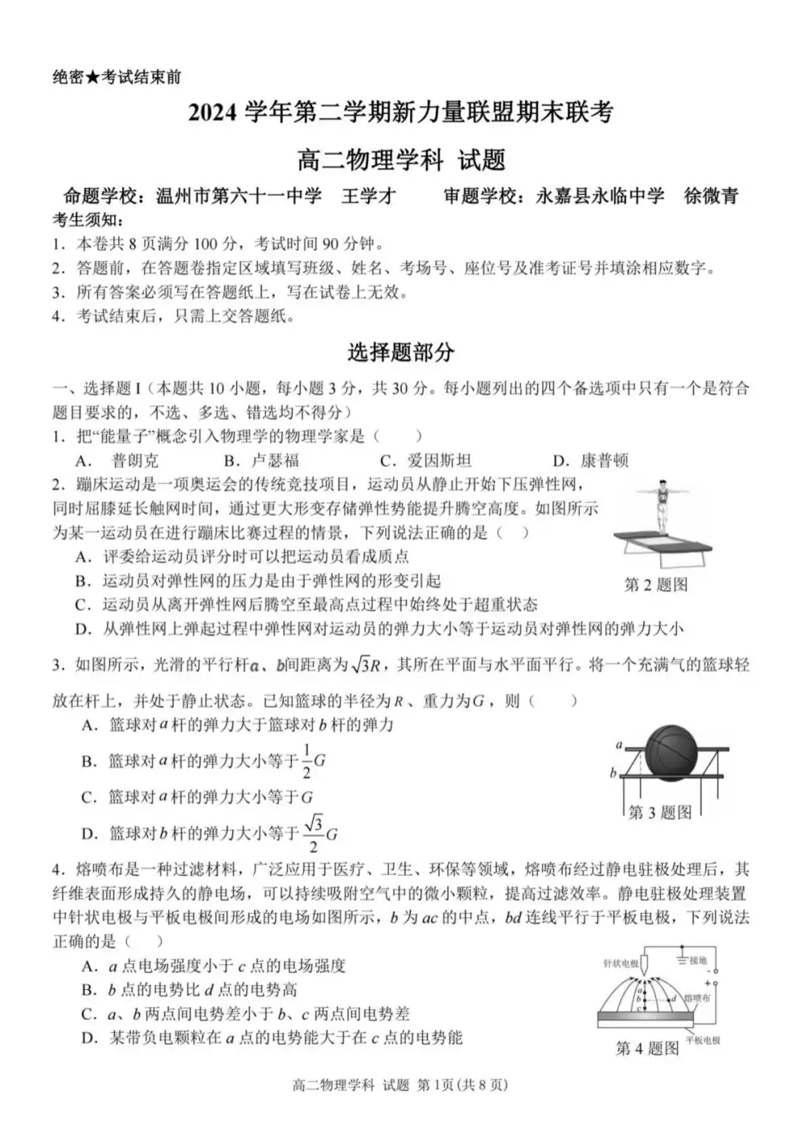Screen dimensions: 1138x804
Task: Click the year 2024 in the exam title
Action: click(x=213, y=113)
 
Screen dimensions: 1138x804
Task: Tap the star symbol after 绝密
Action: click(x=93, y=77)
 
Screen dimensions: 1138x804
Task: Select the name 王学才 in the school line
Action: click(x=369, y=196)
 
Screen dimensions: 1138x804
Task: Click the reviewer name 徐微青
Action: click(x=711, y=196)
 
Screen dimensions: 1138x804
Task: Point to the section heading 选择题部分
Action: click(x=401, y=351)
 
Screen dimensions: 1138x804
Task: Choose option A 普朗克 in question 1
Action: click(x=134, y=461)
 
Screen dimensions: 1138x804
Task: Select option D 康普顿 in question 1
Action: click(x=604, y=461)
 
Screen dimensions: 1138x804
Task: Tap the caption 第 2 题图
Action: click(x=656, y=585)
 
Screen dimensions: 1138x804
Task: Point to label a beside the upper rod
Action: click(x=619, y=745)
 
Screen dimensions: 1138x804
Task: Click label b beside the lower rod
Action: click(x=613, y=773)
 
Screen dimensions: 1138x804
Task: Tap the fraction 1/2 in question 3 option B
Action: click(x=306, y=761)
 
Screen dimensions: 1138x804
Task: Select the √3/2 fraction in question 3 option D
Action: click(x=314, y=834)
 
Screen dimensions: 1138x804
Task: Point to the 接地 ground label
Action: click(x=697, y=960)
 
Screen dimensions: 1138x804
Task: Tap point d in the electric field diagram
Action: click(x=674, y=999)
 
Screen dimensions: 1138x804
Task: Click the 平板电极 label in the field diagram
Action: click(x=703, y=1040)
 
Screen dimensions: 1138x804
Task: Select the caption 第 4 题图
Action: click(x=647, y=1048)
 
